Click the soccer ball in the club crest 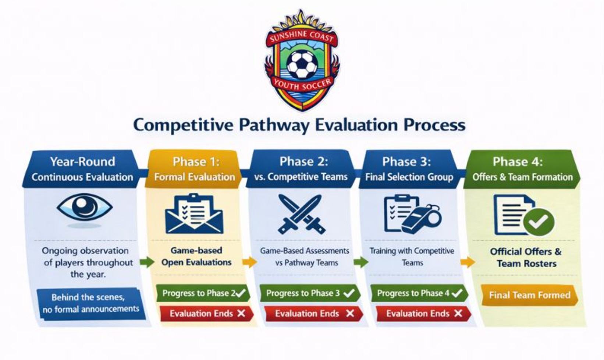pyautogui.click(x=302, y=65)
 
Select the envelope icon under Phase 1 pyautogui.click(x=194, y=214)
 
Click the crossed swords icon pyautogui.click(x=301, y=214)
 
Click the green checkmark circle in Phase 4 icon pyautogui.click(x=539, y=222)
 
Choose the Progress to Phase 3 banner pyautogui.click(x=308, y=293)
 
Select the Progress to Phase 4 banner pyautogui.click(x=419, y=293)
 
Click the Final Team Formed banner pyautogui.click(x=529, y=295)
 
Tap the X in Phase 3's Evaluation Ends pyautogui.click(x=458, y=313)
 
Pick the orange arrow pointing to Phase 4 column pyautogui.click(x=468, y=262)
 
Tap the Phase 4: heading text pyautogui.click(x=518, y=162)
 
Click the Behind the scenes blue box pyautogui.click(x=90, y=303)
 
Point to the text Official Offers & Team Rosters pyautogui.click(x=526, y=257)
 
